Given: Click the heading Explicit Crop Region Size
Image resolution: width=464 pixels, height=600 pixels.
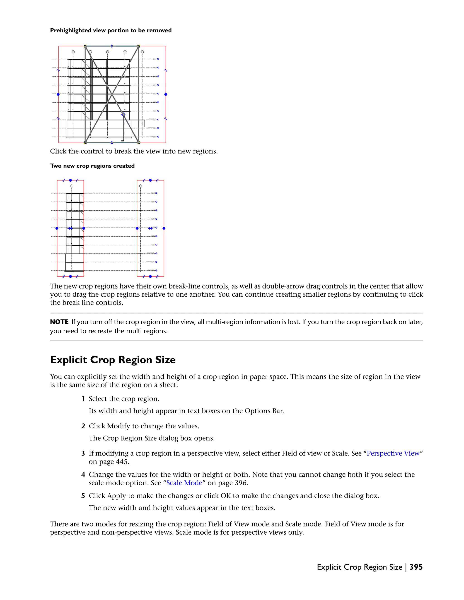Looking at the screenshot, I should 113,360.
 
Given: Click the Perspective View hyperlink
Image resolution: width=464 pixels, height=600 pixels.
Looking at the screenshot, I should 393,453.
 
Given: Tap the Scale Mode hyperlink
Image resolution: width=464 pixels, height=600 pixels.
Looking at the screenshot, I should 184,483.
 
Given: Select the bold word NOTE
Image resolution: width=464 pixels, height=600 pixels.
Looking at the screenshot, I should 59,322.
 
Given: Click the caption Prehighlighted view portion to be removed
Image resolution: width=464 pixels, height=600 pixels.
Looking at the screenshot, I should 111,31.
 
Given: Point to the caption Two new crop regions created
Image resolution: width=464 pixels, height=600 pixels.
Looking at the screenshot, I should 92,166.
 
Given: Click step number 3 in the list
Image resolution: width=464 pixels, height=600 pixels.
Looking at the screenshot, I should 83,454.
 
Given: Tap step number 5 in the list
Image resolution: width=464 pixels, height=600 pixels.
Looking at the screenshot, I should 83,496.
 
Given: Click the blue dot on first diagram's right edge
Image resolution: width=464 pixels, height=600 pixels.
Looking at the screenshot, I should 166,94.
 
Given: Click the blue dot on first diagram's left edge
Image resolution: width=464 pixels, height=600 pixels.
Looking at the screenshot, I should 58,94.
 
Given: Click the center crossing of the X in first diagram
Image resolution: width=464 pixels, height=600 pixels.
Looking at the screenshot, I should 112,94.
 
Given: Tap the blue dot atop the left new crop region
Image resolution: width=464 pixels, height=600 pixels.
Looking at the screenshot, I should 70,180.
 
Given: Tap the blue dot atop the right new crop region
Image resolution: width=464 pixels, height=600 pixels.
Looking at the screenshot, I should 150,180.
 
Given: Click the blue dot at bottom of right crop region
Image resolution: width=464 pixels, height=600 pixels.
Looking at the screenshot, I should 150,276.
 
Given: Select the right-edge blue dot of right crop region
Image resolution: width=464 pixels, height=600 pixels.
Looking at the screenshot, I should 164,228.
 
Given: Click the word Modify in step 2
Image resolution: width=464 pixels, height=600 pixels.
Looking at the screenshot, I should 118,426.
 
